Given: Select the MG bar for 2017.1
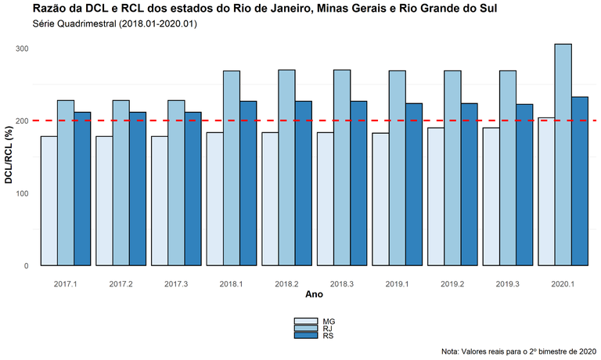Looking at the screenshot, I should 49,201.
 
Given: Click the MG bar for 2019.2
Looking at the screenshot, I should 435,196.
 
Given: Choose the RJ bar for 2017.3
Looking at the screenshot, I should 176,183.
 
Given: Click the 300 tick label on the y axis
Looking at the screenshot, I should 22,49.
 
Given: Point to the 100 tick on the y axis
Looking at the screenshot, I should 22,193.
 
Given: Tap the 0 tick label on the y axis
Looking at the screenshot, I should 27,266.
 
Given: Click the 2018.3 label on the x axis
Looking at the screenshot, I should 341,283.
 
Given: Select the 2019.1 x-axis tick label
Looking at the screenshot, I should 397,283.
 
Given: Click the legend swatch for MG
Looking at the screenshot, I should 305,321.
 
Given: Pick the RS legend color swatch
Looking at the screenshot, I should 305,335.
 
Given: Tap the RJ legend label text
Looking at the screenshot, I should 329,328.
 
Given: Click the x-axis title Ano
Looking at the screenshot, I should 314,295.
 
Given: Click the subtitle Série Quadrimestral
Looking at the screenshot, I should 115,24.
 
